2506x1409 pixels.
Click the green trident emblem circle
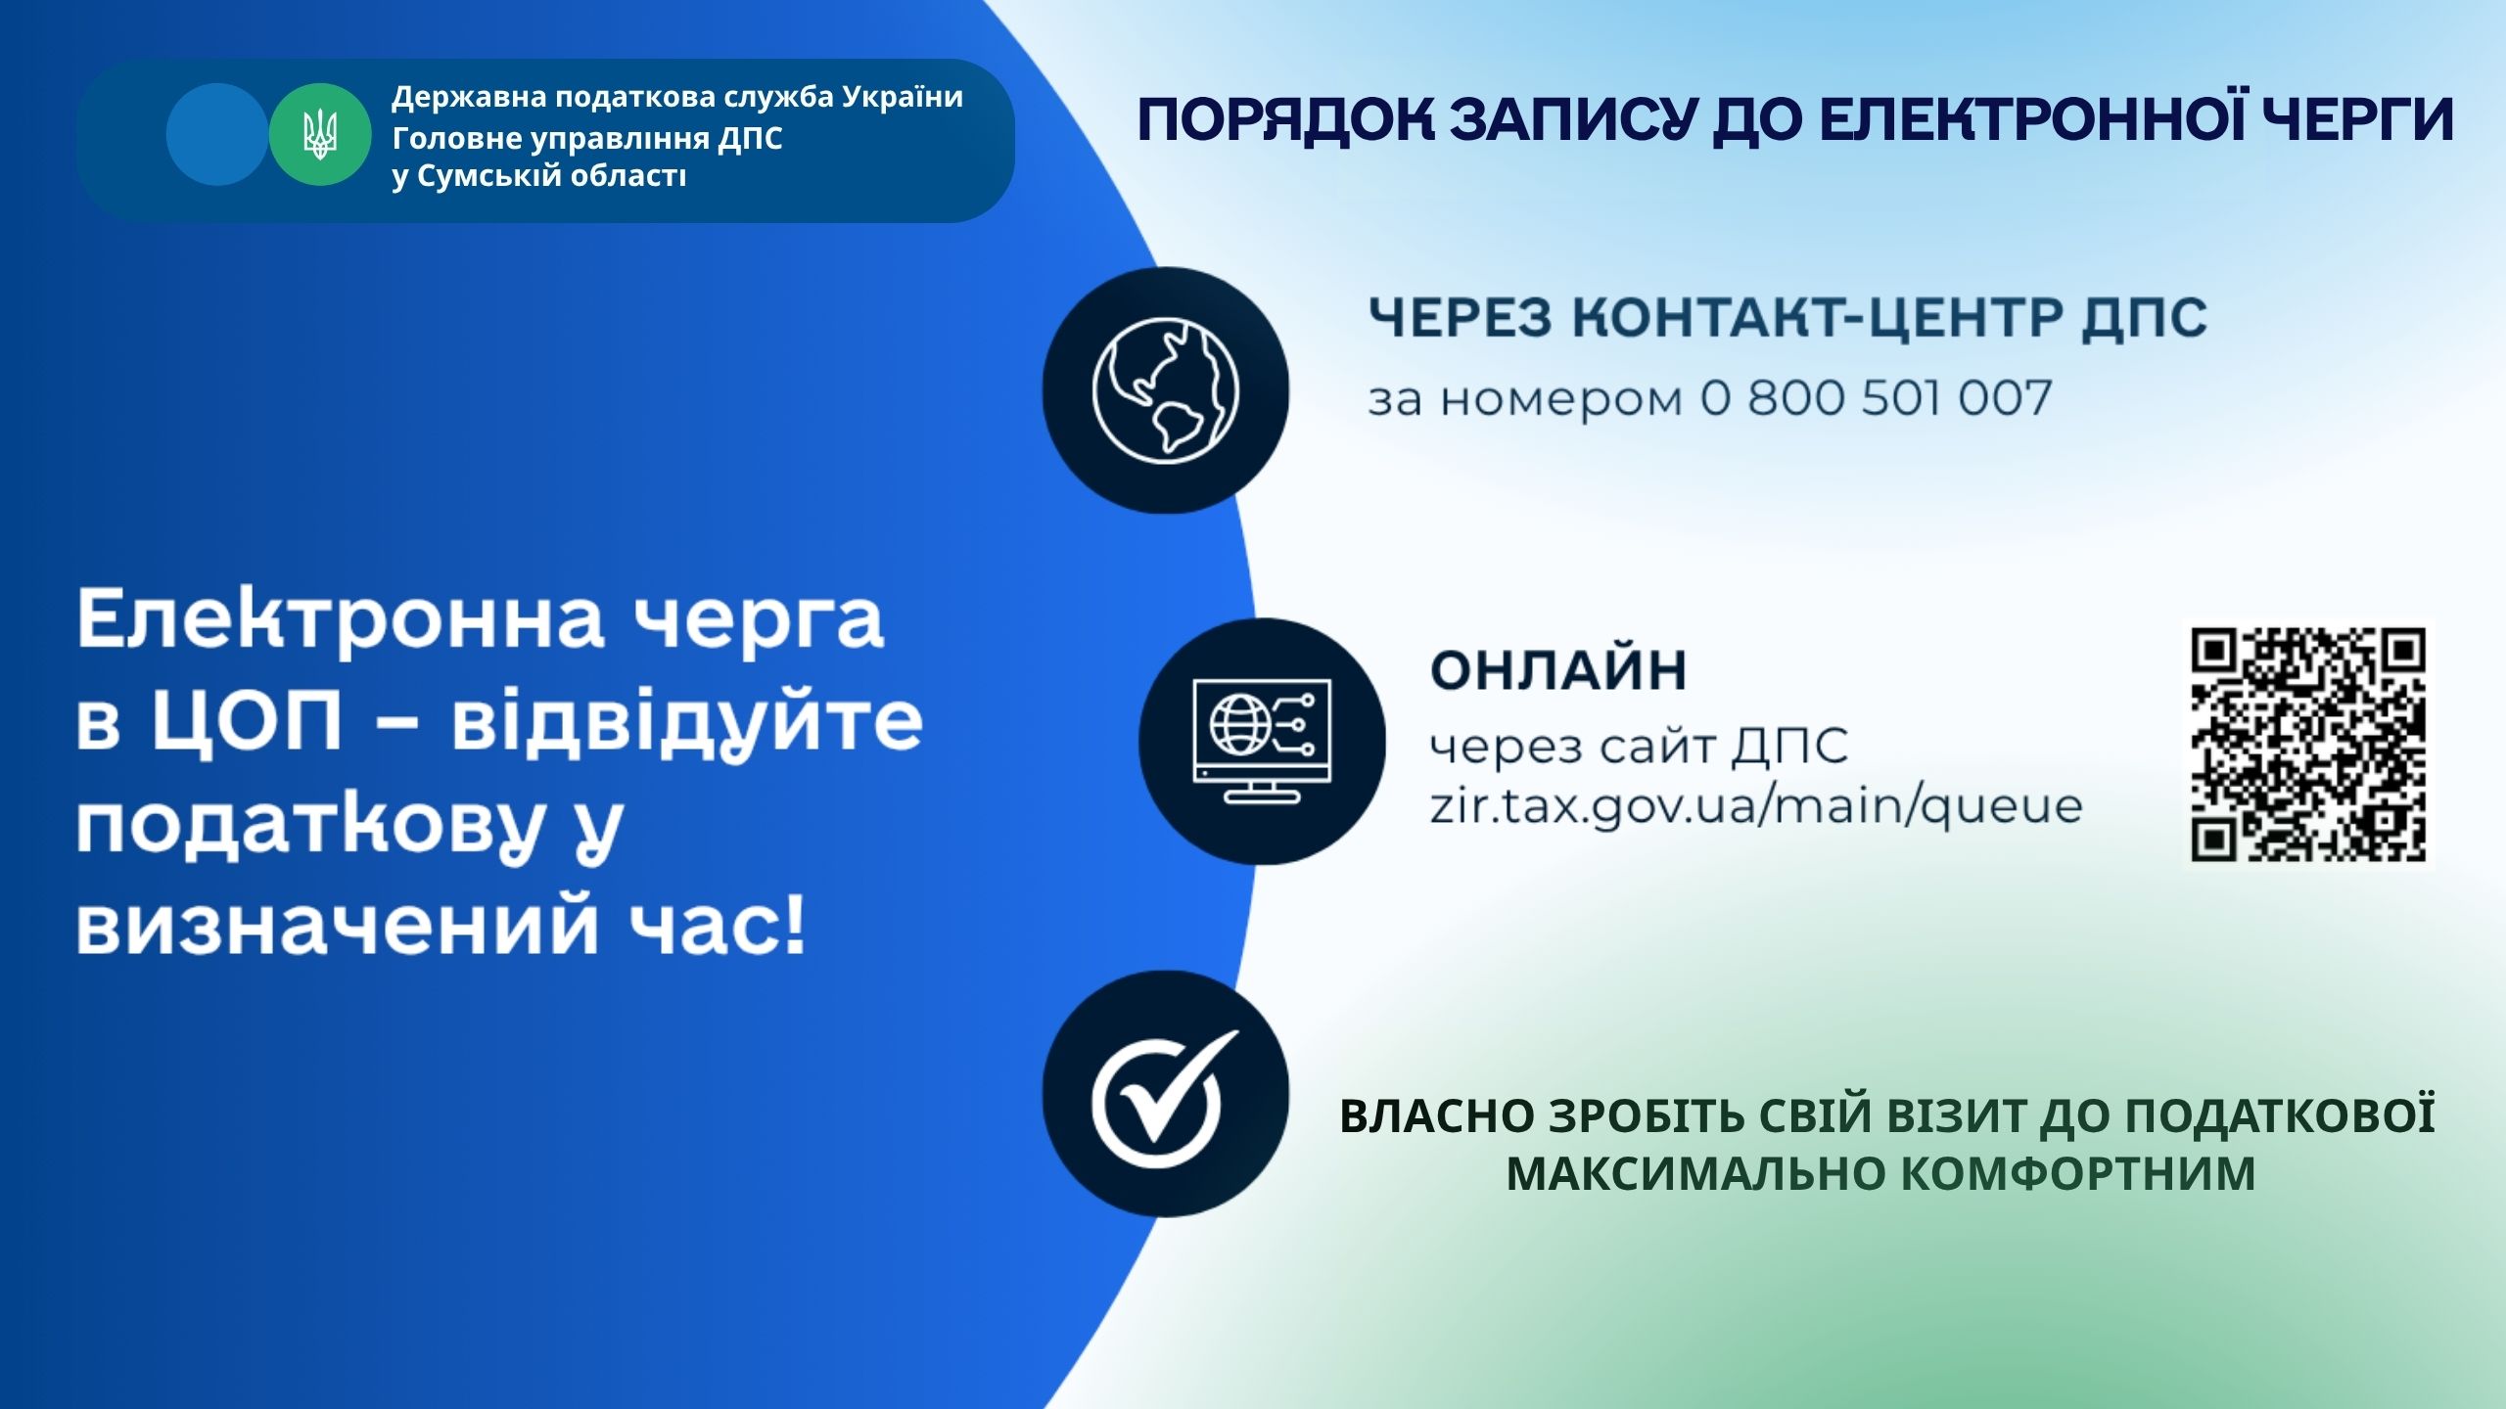click(x=320, y=135)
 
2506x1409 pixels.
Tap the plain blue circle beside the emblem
click(x=217, y=135)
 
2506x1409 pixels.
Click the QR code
click(x=2308, y=746)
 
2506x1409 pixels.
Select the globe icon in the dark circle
click(x=1165, y=389)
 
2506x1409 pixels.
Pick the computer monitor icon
click(x=1263, y=741)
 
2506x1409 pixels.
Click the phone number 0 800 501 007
click(x=1876, y=398)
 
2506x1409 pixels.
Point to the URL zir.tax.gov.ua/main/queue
click(x=1756, y=808)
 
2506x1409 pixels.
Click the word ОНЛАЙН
click(x=1558, y=671)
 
